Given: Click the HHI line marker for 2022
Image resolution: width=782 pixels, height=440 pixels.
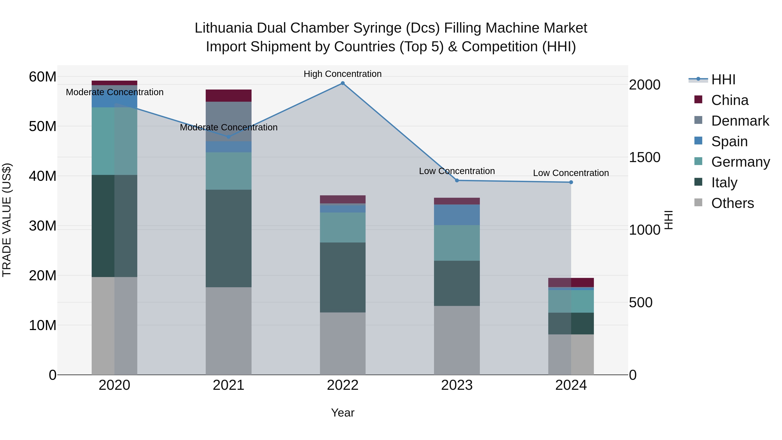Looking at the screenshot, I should tap(343, 83).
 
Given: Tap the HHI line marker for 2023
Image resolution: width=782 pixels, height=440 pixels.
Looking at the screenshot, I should tap(457, 180).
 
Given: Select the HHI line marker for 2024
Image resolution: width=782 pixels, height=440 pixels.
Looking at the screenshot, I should tap(571, 182).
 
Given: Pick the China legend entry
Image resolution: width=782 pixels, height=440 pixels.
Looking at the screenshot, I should tap(729, 100).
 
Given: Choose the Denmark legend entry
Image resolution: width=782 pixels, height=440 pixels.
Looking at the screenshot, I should tap(740, 121).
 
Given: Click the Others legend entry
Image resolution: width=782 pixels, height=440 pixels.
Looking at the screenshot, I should tap(732, 203).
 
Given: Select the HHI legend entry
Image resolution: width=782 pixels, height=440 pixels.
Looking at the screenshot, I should tap(723, 80).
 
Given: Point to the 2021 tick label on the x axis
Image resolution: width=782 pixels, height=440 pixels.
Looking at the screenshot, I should tap(229, 385).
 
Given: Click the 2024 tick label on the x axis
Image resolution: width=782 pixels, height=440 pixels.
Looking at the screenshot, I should tap(571, 385).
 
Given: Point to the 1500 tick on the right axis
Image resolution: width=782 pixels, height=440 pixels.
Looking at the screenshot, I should tap(644, 157).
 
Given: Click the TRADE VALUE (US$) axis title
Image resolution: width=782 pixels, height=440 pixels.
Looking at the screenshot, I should tap(7, 220).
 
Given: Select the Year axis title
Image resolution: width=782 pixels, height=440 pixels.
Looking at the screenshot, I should tap(343, 413).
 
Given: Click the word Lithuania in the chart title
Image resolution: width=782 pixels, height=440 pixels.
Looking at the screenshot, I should tap(224, 28).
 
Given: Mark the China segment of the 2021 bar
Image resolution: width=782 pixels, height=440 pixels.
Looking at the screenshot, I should tap(229, 96).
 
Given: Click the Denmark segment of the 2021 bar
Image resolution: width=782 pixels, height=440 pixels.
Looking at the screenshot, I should tap(229, 121).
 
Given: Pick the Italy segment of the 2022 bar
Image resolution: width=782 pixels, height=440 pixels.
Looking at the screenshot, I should tap(343, 277).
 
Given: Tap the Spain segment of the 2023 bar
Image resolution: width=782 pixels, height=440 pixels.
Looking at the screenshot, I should tap(457, 215).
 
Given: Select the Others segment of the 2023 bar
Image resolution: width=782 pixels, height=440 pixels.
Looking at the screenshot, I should tap(457, 340).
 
